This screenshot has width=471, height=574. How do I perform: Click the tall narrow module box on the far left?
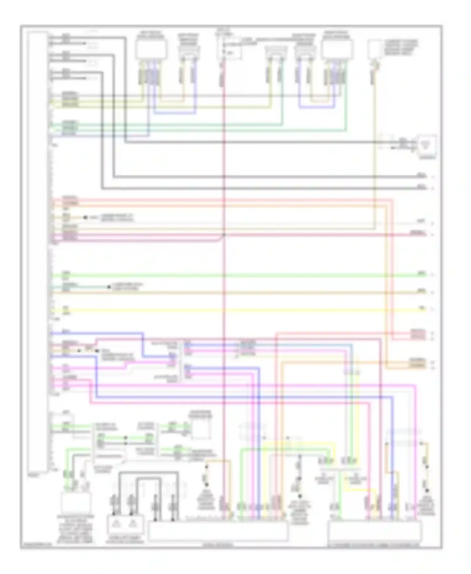point(37,251)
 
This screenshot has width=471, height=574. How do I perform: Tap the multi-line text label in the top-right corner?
point(401,47)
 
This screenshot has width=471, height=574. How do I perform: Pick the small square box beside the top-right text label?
point(374,49)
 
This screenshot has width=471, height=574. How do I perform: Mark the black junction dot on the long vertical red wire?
point(224,235)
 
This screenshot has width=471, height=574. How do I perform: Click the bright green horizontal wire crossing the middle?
point(239,275)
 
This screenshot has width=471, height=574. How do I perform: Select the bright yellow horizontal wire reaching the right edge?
point(239,310)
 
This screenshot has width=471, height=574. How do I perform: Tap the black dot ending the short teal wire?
point(109,287)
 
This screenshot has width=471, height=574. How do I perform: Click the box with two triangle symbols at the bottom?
point(125,524)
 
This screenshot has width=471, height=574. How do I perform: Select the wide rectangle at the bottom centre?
point(218,531)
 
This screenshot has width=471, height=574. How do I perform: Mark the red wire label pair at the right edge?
point(418,335)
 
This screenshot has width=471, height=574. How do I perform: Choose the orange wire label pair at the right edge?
point(417,363)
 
